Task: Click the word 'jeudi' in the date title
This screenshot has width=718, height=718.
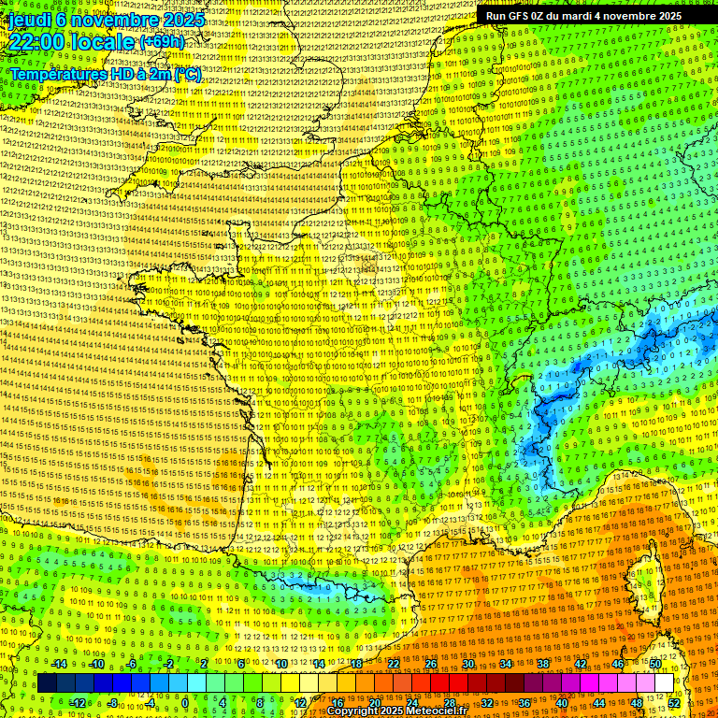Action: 30,20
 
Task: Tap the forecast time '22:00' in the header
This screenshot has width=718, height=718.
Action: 37,43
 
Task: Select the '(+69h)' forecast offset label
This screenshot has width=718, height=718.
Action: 162,42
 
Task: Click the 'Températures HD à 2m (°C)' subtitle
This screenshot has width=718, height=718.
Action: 105,74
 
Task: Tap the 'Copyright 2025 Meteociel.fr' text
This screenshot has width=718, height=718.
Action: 396,711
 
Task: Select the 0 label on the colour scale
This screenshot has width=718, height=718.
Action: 185,702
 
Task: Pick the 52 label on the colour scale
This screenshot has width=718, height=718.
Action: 673,702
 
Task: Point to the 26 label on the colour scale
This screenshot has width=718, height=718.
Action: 431,664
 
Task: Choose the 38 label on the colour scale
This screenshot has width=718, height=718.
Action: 542,664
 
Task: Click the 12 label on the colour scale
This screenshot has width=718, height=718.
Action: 300,702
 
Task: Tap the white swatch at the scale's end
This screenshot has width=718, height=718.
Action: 664,683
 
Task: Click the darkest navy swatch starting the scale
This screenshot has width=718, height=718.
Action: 47,683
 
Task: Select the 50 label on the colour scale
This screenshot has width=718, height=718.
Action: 655,664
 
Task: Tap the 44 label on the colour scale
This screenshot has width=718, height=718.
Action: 598,702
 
